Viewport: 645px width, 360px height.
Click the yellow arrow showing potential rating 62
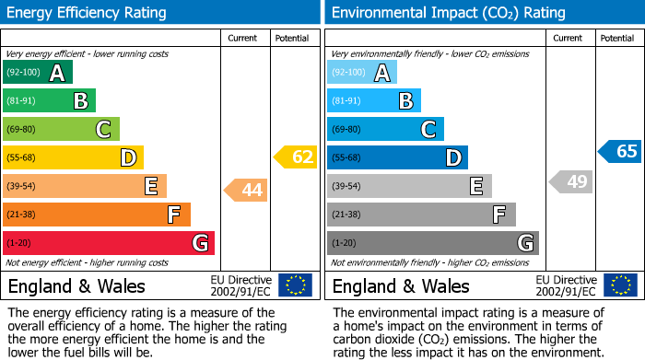296,157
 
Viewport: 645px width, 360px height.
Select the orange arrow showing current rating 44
246,191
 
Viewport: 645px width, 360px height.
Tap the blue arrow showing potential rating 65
620,152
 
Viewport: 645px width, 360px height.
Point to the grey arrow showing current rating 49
570,182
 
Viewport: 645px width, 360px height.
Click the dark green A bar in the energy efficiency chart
38,73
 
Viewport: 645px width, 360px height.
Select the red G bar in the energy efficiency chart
109,243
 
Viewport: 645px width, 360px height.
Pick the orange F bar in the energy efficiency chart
97,215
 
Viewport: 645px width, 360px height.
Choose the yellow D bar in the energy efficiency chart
73,157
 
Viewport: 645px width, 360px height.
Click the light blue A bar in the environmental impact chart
362,73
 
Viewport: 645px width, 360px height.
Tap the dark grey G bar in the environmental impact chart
432,243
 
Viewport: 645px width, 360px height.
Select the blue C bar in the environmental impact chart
385,130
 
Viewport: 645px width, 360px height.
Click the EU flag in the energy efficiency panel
295,285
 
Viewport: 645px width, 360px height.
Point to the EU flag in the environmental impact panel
621,285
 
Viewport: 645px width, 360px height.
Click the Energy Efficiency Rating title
87,13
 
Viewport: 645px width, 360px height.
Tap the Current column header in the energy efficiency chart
243,38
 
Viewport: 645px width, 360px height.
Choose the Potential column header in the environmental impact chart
616,38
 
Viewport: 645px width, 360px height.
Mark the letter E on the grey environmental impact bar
475,187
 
